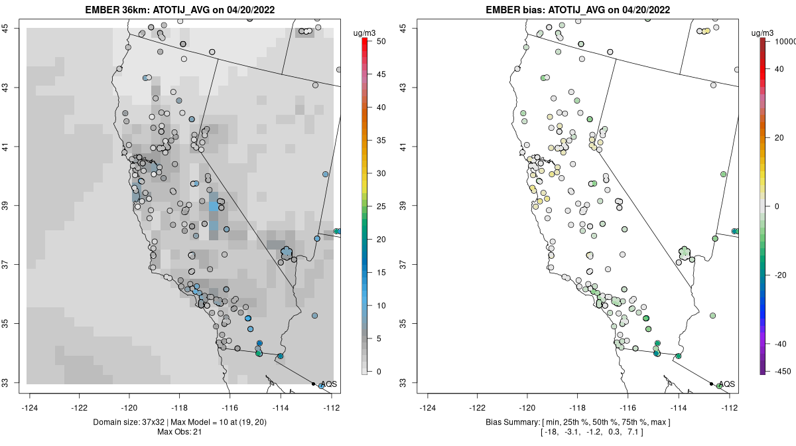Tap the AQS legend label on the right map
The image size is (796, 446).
click(728, 384)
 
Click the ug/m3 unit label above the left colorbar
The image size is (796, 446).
click(364, 31)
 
